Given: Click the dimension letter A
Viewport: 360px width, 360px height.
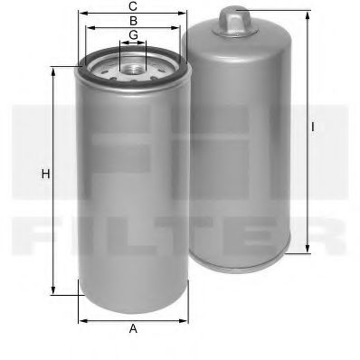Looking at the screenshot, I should (x=133, y=329).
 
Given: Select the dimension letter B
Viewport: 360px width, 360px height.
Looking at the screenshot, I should (x=133, y=20).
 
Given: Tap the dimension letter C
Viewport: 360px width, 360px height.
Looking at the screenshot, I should (x=133, y=6).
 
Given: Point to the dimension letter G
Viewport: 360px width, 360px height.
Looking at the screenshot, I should (x=133, y=35).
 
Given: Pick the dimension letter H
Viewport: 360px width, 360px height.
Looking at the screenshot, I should (x=43, y=174).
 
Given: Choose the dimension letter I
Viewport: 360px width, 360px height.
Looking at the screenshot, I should (x=314, y=128).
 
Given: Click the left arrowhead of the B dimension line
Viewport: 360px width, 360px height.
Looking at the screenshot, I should (x=87, y=26).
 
